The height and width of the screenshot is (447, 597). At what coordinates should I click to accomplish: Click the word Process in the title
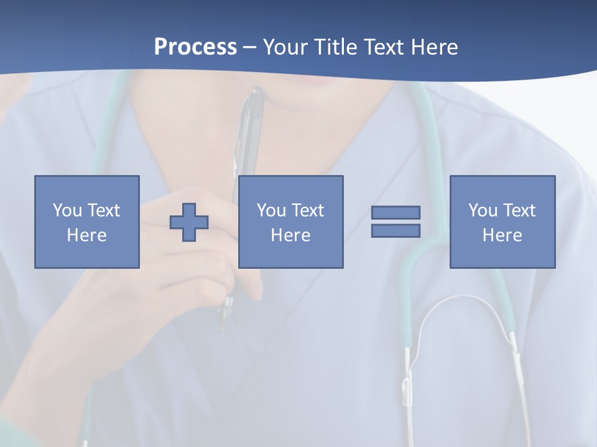(x=195, y=47)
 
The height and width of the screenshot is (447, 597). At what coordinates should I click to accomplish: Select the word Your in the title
(x=285, y=47)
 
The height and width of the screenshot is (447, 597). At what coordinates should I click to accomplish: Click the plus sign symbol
(x=189, y=222)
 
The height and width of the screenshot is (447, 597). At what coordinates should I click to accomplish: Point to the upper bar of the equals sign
(x=396, y=212)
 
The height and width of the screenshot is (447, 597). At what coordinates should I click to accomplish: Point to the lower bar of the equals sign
(x=396, y=230)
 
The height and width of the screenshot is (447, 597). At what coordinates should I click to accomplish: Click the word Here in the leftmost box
(x=86, y=235)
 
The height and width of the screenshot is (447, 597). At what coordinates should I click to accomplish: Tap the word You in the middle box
(x=271, y=210)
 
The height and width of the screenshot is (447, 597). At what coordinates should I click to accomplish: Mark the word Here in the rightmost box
(x=502, y=235)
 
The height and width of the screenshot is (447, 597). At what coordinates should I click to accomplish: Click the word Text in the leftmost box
(x=104, y=210)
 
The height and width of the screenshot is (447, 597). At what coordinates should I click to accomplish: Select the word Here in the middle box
(x=291, y=235)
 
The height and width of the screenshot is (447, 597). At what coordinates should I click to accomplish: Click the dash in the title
(x=249, y=47)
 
